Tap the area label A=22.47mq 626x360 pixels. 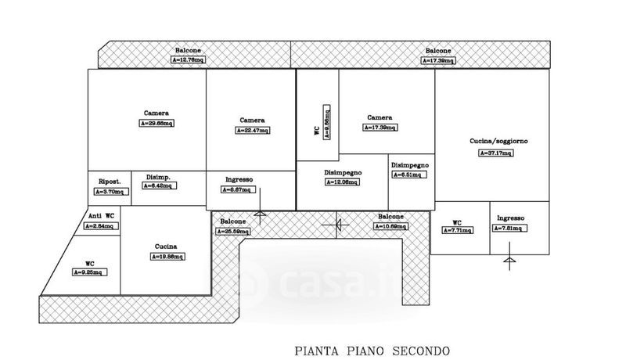point(252,131)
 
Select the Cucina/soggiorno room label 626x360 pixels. point(498,141)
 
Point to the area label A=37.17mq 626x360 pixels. point(497,153)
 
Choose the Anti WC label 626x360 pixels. point(100,215)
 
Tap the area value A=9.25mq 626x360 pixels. point(91,272)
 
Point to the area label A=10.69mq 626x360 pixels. point(390,227)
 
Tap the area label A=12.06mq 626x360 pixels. point(342,182)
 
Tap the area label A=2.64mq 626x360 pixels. point(100,227)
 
